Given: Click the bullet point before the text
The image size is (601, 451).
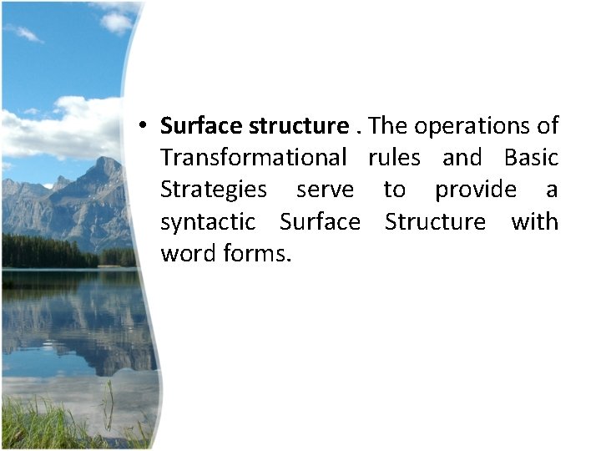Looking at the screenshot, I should point(144,126).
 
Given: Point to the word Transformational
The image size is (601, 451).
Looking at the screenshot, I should point(253,158).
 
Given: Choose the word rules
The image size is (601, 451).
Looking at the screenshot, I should point(394,158).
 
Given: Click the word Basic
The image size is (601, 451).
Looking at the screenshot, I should point(531,158).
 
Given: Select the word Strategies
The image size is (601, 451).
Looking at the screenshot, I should point(214,190).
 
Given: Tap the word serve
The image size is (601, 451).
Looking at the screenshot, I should point(325,190).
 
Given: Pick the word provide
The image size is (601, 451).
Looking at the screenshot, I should point(475,190).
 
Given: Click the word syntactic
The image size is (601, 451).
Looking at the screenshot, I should point(208,222).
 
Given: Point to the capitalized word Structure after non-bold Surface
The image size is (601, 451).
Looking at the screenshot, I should point(435,222).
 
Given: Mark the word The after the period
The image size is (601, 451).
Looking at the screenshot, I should point(388,126).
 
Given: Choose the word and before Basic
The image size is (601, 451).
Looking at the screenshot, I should point(462,158).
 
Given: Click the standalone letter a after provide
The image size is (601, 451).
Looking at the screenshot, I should point(552,190).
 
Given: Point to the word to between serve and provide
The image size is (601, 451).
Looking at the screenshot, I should point(394,190).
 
